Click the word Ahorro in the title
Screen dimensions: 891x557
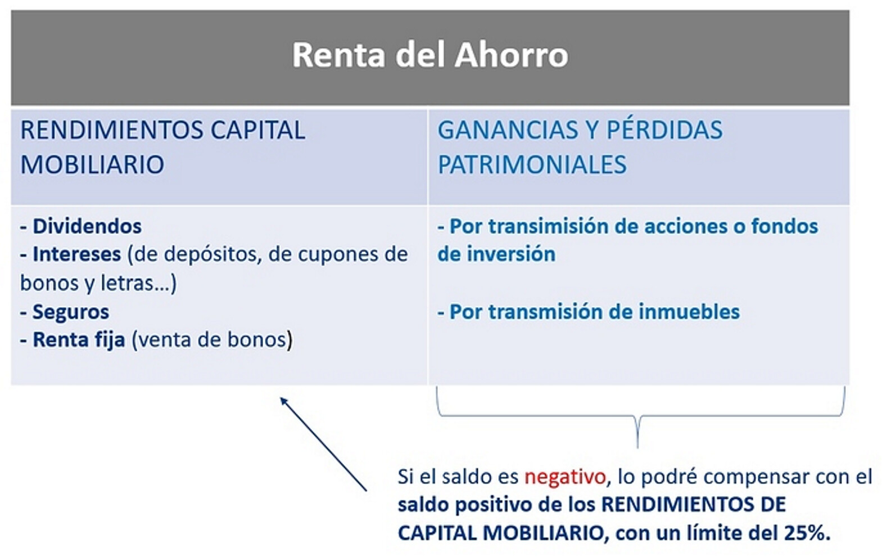512,55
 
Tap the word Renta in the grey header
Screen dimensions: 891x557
338,55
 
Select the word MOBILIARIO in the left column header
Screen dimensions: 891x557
92,164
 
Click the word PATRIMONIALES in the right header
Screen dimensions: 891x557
532,164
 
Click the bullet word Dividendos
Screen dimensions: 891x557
87,226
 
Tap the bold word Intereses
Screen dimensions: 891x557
76,254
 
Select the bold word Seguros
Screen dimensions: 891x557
70,312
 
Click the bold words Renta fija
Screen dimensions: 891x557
79,340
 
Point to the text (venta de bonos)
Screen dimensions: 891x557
212,340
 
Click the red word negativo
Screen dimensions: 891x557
565,477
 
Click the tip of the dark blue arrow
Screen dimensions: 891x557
281,398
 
